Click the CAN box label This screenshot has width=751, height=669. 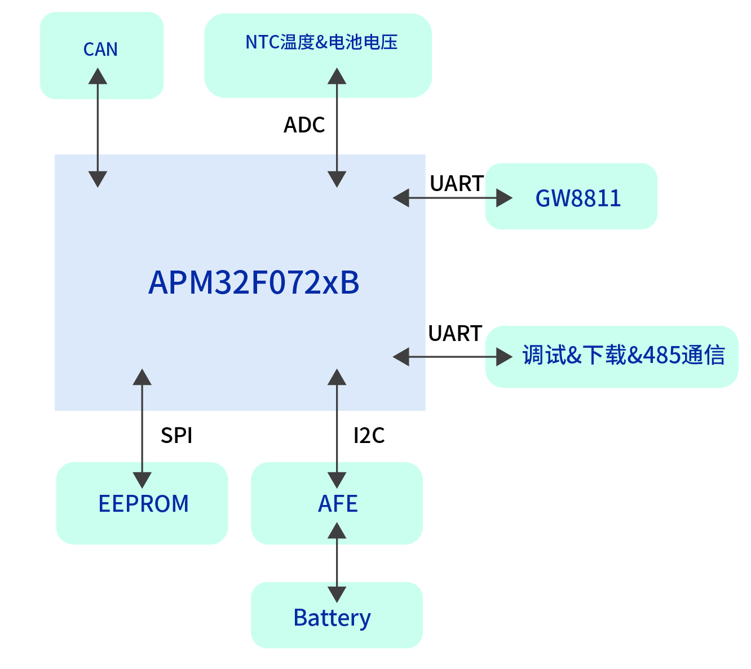click(100, 50)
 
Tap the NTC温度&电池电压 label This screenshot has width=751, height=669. click(321, 42)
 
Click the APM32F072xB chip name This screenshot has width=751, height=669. click(254, 282)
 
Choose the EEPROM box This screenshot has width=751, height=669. click(143, 503)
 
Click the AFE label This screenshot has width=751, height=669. click(338, 503)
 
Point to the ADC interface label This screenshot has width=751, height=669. click(304, 125)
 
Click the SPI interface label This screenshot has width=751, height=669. click(176, 436)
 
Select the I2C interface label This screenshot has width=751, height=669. click(369, 436)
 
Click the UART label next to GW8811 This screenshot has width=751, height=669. click(456, 184)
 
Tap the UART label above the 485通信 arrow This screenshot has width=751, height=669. click(455, 334)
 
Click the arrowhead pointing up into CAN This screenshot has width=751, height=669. click(98, 76)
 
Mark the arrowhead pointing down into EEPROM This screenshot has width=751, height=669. click(142, 480)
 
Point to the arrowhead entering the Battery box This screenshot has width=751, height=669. click(337, 594)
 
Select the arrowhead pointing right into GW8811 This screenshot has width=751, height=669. click(504, 198)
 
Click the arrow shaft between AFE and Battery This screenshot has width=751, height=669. click(337, 562)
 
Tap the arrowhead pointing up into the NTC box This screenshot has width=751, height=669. click(337, 76)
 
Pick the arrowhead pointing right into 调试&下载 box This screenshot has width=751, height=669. click(504, 356)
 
